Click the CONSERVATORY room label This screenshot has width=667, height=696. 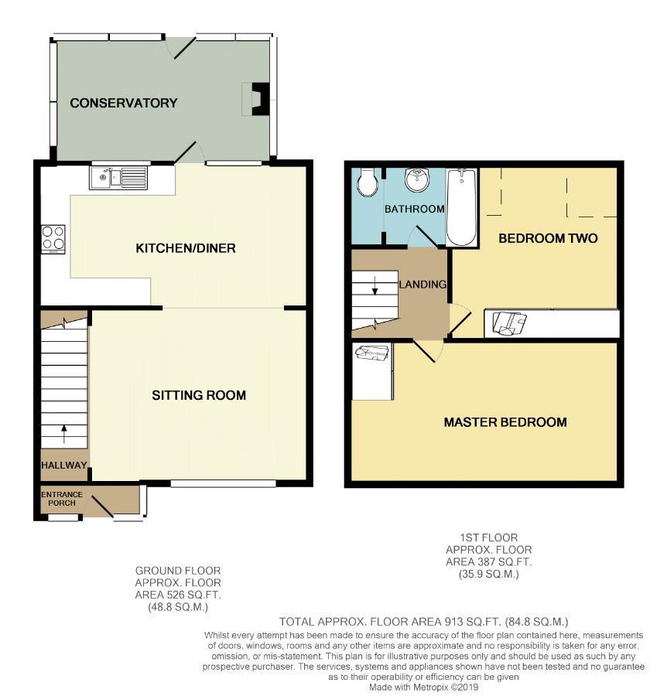tap(124, 103)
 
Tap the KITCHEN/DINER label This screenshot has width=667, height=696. tap(186, 248)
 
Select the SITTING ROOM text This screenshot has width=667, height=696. tap(199, 395)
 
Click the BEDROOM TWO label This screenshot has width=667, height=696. tap(548, 238)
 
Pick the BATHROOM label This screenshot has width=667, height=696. tap(415, 209)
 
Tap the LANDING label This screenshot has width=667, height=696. tap(423, 285)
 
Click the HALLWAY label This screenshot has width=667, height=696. tap(64, 465)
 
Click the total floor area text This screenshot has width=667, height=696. tap(424, 622)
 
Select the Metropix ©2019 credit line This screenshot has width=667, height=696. tap(424, 687)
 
